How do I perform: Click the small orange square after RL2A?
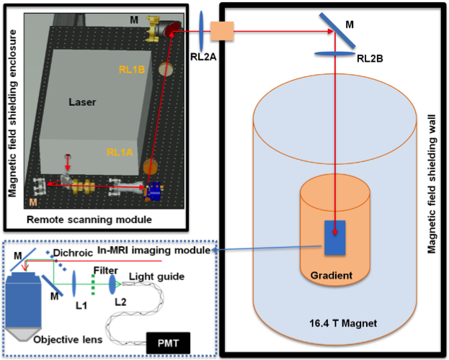coord(219,30)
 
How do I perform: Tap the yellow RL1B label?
coord(133,70)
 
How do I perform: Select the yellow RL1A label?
coord(120,152)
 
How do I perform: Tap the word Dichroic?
coord(71,253)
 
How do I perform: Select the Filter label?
coord(105,270)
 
